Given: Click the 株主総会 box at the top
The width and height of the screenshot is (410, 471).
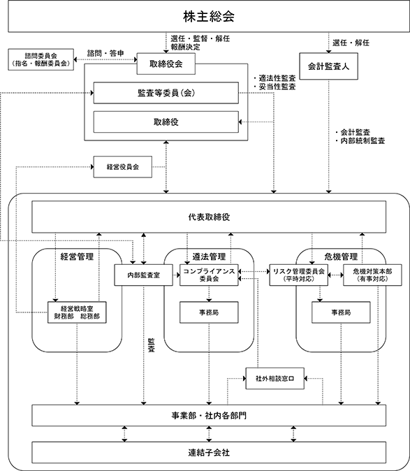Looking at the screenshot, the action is pos(209,16).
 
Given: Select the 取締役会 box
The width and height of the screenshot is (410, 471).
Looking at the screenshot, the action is pos(166,64).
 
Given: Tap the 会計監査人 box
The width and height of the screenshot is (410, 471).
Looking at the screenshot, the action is pos(329,66).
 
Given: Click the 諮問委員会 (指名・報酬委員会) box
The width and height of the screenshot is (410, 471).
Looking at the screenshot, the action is pos(41,59).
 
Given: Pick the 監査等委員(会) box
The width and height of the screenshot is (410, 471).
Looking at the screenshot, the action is pos(166,93).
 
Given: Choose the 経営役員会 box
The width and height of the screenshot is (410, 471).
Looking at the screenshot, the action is pos(123,167).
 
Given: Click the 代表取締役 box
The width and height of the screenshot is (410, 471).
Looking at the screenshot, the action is pos(209,217).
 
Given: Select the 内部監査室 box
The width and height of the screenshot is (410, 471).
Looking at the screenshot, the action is pos(143,275).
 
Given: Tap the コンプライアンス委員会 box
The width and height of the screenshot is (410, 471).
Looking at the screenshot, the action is pos(209,275).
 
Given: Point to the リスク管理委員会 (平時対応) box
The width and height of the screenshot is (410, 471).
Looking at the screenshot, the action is pos(299,275).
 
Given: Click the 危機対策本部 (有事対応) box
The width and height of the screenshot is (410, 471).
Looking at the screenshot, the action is pos(372,275).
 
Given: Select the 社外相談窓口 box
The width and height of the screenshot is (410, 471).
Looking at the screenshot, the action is pos(274,379).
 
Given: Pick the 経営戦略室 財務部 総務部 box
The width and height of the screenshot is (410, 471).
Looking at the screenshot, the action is pos(77,312).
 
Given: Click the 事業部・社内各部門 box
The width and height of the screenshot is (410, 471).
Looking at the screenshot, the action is pos(209,415).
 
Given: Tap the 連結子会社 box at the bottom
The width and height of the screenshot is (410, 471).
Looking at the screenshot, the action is pos(209,452).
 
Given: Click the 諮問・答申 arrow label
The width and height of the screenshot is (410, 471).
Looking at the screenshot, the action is pos(105,54).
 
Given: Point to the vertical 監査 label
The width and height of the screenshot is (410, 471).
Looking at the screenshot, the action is pos(152,345).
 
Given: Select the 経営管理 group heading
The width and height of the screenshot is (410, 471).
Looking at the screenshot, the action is pos(77,256).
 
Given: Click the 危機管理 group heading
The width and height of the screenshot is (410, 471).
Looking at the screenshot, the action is pos(341,256).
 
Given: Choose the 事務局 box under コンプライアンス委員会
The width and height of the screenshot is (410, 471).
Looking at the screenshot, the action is pos(209,312).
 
